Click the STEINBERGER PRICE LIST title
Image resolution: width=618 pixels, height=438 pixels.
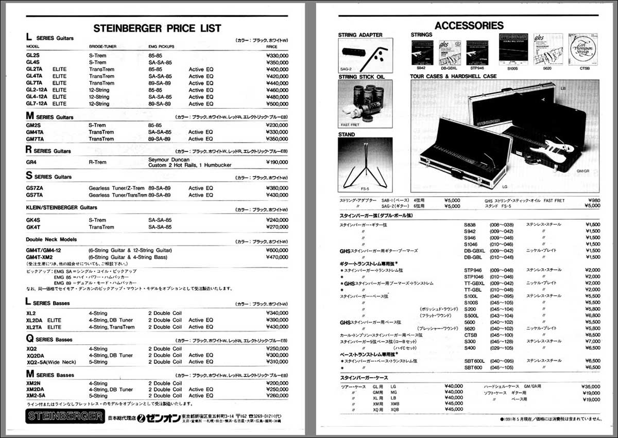pos(157,28)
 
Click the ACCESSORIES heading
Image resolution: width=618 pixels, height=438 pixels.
pos(469,25)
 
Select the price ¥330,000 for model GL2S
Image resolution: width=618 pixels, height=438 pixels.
pos(277,56)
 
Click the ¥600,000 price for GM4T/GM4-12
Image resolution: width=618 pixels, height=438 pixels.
pos(277,250)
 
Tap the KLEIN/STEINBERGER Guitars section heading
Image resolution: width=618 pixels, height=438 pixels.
pos(61,207)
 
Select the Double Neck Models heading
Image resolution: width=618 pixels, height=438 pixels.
pos(51,239)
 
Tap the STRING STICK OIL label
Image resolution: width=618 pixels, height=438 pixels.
pos(362,77)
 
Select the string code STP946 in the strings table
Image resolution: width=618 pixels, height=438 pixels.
pos(473,270)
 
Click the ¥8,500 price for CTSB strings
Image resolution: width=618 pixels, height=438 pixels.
pos(592,335)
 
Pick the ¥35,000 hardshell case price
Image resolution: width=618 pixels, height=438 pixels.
pos(590,386)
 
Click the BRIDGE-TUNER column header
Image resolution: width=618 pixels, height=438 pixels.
pos(102,47)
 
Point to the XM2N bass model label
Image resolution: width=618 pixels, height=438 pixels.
pos(35,383)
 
